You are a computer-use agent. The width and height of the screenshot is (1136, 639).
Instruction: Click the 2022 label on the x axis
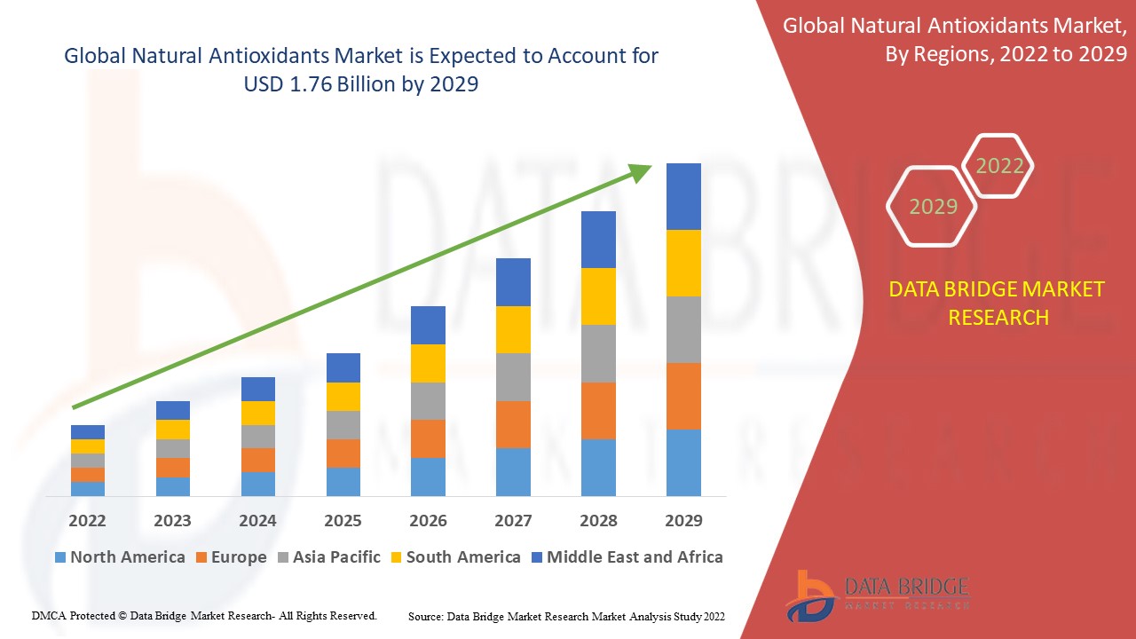[87, 520]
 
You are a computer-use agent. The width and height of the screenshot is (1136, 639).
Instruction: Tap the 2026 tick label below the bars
[428, 520]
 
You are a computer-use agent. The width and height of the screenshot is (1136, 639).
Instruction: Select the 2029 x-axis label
[683, 520]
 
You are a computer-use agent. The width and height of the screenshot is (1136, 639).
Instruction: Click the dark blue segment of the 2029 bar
[683, 196]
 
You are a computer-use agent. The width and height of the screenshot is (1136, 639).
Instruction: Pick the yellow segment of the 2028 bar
[598, 296]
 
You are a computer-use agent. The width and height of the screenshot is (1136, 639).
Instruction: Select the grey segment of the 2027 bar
[513, 377]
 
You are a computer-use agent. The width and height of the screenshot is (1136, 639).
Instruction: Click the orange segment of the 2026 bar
[428, 438]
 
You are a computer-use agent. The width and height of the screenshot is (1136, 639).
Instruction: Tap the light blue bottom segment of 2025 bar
[343, 481]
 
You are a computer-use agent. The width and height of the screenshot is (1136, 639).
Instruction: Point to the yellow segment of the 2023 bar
[172, 430]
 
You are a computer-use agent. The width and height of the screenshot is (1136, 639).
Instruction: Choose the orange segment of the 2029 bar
[683, 396]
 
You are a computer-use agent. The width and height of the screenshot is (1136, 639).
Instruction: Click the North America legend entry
[120, 557]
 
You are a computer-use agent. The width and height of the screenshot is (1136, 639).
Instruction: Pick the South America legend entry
[454, 557]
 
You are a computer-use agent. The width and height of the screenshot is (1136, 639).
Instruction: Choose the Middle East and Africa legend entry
[626, 557]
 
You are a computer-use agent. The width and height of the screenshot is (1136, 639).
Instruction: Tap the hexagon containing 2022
[998, 166]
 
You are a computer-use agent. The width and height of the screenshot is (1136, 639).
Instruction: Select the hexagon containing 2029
[932, 206]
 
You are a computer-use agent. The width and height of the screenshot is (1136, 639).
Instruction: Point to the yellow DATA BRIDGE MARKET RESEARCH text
[997, 303]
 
